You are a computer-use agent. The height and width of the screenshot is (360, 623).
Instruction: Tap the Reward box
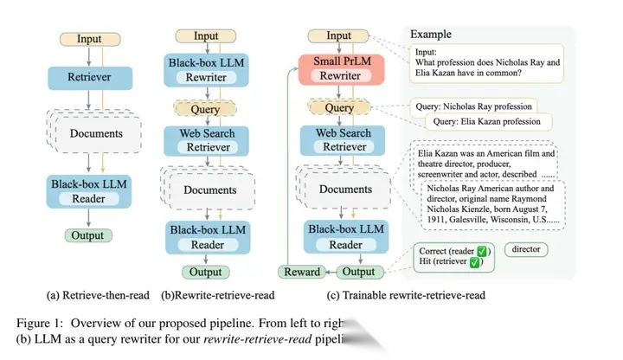[302, 272]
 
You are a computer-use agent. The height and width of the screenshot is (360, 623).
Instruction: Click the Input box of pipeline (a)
[88, 39]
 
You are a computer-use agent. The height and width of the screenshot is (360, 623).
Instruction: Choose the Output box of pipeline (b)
[206, 272]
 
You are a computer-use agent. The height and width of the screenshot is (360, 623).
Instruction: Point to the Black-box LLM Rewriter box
[206, 70]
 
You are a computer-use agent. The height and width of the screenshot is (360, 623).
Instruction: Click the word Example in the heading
[431, 34]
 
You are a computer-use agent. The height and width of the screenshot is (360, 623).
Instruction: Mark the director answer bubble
[527, 249]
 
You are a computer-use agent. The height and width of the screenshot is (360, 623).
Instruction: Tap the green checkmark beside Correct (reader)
[483, 251]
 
